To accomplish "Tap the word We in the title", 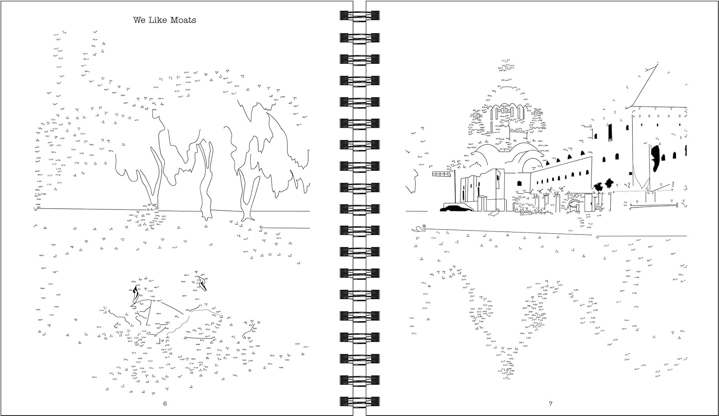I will (x=139, y=20).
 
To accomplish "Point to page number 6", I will (x=165, y=403).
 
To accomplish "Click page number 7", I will (x=551, y=403).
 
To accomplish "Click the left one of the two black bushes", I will (x=598, y=186).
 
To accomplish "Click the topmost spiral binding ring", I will (x=352, y=15).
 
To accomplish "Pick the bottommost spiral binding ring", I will (x=352, y=400).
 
